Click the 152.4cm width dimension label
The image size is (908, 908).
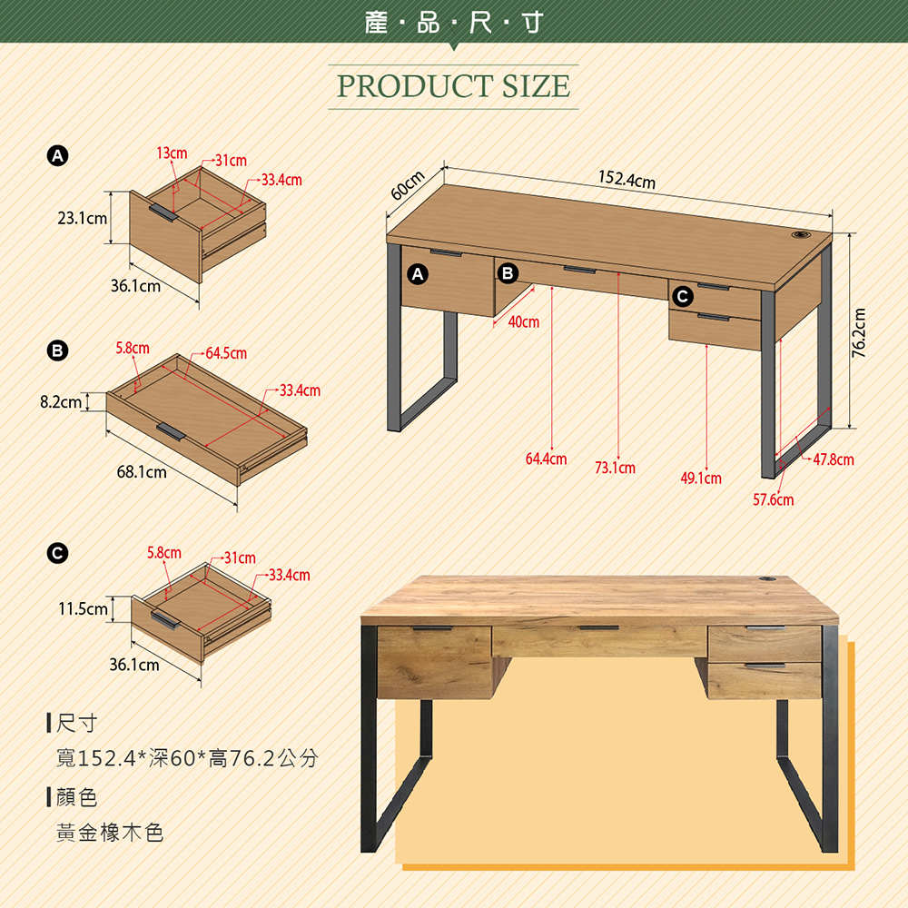click(x=627, y=180)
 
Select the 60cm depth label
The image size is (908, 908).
click(x=408, y=184)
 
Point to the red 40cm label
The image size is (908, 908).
click(x=524, y=322)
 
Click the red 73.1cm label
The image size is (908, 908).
click(x=615, y=468)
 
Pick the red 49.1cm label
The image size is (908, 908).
click(x=701, y=479)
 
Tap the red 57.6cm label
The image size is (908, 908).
click(x=773, y=499)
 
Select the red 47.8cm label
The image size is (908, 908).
click(x=834, y=459)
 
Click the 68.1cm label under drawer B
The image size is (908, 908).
click(x=142, y=472)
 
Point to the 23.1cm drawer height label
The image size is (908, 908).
click(x=83, y=218)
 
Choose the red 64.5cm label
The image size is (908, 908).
click(x=226, y=353)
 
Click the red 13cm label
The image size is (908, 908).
click(x=172, y=153)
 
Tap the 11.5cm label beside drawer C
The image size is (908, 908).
click(x=83, y=608)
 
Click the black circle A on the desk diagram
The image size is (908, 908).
click(x=418, y=274)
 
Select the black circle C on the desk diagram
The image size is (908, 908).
click(x=683, y=297)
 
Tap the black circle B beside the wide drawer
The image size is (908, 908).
click(x=508, y=272)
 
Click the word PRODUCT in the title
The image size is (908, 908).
click(x=414, y=86)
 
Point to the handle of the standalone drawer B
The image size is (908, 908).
click(x=171, y=431)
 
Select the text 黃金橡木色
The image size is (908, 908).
click(x=110, y=833)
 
